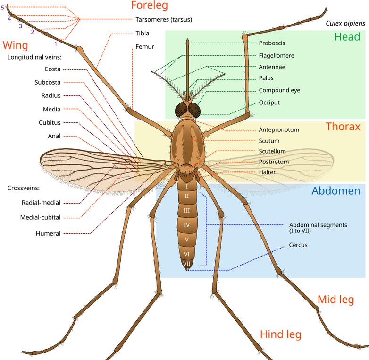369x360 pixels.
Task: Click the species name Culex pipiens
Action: pos(345,24)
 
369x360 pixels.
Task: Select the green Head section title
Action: pos(347,37)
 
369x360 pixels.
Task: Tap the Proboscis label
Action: pos(272,43)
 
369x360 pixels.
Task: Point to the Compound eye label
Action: pos(279,90)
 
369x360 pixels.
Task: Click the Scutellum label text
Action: pos(272,151)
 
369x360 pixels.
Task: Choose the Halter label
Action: pos(267,172)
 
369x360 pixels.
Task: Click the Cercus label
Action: pos(298,245)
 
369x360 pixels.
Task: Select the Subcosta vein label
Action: pos(48,82)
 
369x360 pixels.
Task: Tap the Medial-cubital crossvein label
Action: pos(40,217)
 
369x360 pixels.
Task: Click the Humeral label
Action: pos(48,233)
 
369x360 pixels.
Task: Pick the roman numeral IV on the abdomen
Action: pos(186,225)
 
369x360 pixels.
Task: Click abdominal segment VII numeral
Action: pos(186,264)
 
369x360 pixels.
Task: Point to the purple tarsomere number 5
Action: pos(2,8)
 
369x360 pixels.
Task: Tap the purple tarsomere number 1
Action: pos(56,44)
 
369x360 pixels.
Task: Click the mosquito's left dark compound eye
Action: pos(181,110)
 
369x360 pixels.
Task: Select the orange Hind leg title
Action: pos(280,334)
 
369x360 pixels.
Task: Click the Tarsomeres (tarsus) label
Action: pos(164,20)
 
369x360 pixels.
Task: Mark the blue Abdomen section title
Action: pos(336,190)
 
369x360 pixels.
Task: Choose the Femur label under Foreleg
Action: pos(145,47)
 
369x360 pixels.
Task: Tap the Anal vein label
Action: pos(54,136)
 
